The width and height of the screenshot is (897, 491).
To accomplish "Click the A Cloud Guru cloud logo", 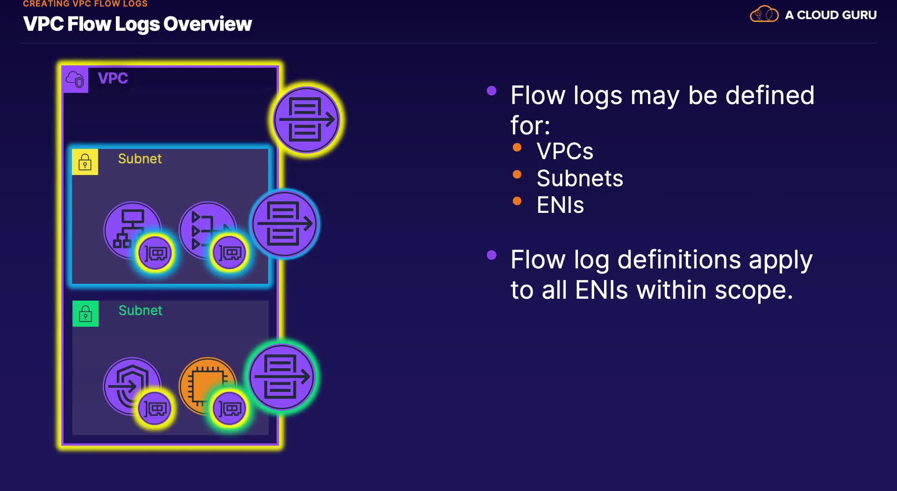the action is [x=764, y=14].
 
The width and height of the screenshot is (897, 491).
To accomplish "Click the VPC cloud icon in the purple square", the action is [x=75, y=80].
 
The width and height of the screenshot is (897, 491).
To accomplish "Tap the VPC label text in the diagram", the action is [x=113, y=78].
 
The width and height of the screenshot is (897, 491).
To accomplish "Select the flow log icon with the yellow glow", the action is [x=306, y=120].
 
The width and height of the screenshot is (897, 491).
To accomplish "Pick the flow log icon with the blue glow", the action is [x=285, y=224].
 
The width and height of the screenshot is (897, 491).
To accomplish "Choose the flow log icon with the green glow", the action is [x=282, y=377].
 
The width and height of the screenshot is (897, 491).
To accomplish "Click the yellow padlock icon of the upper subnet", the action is [x=85, y=162].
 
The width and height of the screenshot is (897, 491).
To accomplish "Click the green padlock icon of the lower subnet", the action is [x=85, y=314].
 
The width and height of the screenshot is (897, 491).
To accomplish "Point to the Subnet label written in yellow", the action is [x=140, y=159].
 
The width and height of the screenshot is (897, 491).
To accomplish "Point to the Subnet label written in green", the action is [x=140, y=310].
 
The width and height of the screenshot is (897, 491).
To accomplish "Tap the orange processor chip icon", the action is [x=207, y=386].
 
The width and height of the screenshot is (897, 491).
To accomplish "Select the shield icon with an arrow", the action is [x=132, y=386].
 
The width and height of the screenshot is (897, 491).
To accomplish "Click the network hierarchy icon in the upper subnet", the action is [x=133, y=230].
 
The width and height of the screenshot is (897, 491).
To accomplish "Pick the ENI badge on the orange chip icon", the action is [x=229, y=409].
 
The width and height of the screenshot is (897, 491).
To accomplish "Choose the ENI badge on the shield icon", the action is [x=155, y=409].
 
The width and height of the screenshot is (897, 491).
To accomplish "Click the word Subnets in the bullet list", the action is [x=580, y=178].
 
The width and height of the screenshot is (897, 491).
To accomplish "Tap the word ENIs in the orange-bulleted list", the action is [x=560, y=205].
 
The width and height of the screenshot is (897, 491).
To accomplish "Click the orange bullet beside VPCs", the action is [x=517, y=147].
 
